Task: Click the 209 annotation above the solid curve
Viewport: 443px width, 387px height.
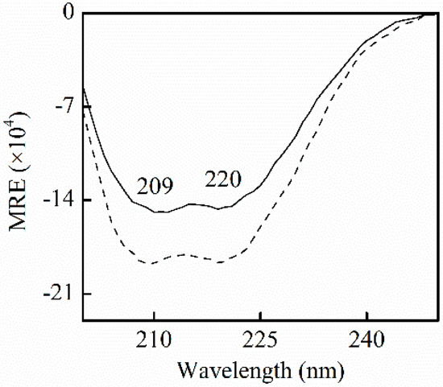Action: tap(154, 187)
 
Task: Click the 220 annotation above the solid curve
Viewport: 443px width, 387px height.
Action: tap(221, 179)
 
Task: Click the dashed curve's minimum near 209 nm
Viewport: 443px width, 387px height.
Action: tap(149, 263)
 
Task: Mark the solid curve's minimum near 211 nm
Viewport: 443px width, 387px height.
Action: tap(162, 212)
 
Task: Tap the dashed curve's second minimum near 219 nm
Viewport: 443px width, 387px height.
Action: tap(218, 261)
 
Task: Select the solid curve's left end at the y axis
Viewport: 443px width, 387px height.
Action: tap(83, 87)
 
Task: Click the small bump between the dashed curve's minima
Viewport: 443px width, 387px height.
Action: tap(185, 254)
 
